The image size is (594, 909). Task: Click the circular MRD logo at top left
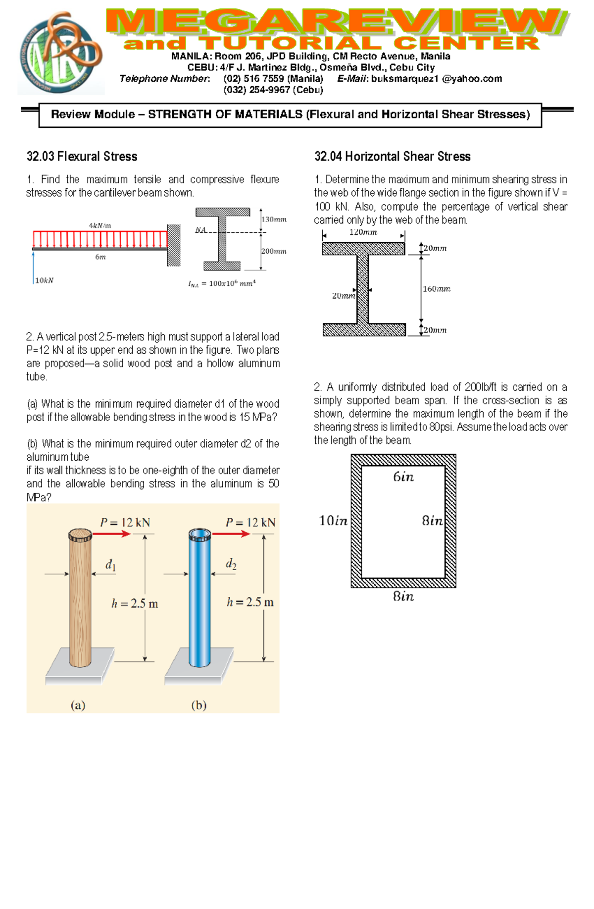click(60, 53)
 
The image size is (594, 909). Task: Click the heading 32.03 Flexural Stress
click(82, 157)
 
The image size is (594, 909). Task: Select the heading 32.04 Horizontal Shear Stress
click(392, 157)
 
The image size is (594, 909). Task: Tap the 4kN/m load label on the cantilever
click(100, 225)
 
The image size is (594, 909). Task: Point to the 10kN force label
click(44, 280)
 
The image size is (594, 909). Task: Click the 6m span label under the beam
click(100, 257)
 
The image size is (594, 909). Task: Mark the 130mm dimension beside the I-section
click(274, 219)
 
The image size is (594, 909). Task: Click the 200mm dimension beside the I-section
click(274, 251)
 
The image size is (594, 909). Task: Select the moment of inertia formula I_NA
click(222, 283)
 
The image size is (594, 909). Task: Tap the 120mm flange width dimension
click(363, 232)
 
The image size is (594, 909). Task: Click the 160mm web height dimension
click(436, 289)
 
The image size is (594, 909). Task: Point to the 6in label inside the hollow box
click(403, 477)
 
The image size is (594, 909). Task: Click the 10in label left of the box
click(333, 521)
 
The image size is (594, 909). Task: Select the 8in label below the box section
click(403, 596)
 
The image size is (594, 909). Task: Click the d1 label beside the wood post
click(110, 565)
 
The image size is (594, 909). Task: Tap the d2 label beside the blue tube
click(231, 564)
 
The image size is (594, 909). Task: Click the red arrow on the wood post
click(111, 534)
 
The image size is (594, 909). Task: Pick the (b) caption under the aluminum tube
click(198, 705)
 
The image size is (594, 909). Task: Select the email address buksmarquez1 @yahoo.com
click(437, 79)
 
